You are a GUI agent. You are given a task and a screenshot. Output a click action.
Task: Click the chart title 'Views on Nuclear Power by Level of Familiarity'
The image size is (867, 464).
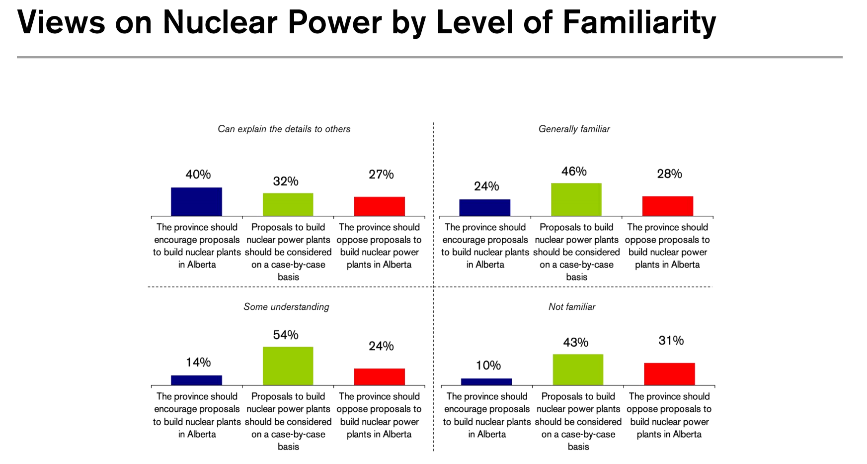pyautogui.click(x=366, y=22)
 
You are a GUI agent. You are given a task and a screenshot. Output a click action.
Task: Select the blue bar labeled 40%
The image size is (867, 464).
pyautogui.click(x=196, y=201)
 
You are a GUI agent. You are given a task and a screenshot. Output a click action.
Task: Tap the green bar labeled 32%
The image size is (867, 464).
pyautogui.click(x=288, y=204)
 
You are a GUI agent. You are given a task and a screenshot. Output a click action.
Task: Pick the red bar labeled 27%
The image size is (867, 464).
pyautogui.click(x=379, y=206)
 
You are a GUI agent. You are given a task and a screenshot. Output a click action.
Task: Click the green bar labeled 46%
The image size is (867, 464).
pyautogui.click(x=576, y=199)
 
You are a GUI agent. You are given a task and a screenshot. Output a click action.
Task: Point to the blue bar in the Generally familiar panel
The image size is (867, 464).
pyautogui.click(x=484, y=207)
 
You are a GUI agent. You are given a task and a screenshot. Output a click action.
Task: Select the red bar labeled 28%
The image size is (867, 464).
pyautogui.click(x=667, y=206)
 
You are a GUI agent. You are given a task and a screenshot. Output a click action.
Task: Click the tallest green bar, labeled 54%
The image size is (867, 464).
pyautogui.click(x=288, y=366)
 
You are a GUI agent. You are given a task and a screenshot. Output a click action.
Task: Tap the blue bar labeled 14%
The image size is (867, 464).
pyautogui.click(x=196, y=380)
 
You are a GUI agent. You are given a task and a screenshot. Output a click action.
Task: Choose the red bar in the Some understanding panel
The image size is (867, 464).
pyautogui.click(x=379, y=376)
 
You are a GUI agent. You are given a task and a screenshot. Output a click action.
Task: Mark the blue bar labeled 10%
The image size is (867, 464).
pyautogui.click(x=486, y=381)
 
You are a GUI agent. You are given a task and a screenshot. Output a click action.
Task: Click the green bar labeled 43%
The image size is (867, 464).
pyautogui.click(x=578, y=370)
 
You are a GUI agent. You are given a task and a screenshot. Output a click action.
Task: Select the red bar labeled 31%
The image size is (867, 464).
pyautogui.click(x=669, y=374)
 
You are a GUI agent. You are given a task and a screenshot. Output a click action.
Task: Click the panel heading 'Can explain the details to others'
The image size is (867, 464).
pyautogui.click(x=284, y=129)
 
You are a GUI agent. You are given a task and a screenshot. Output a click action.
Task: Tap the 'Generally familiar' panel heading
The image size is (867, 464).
pyautogui.click(x=574, y=129)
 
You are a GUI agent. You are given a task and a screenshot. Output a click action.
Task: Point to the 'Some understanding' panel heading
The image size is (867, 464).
pyautogui.click(x=286, y=307)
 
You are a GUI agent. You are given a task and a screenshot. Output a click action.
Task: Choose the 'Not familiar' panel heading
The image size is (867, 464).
pyautogui.click(x=571, y=307)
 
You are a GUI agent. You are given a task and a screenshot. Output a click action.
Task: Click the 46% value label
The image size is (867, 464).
pyautogui.click(x=574, y=172)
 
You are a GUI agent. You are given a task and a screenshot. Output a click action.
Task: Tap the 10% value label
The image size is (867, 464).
pyautogui.click(x=488, y=366)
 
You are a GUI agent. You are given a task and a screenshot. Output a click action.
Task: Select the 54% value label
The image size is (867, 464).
pyautogui.click(x=286, y=335)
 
